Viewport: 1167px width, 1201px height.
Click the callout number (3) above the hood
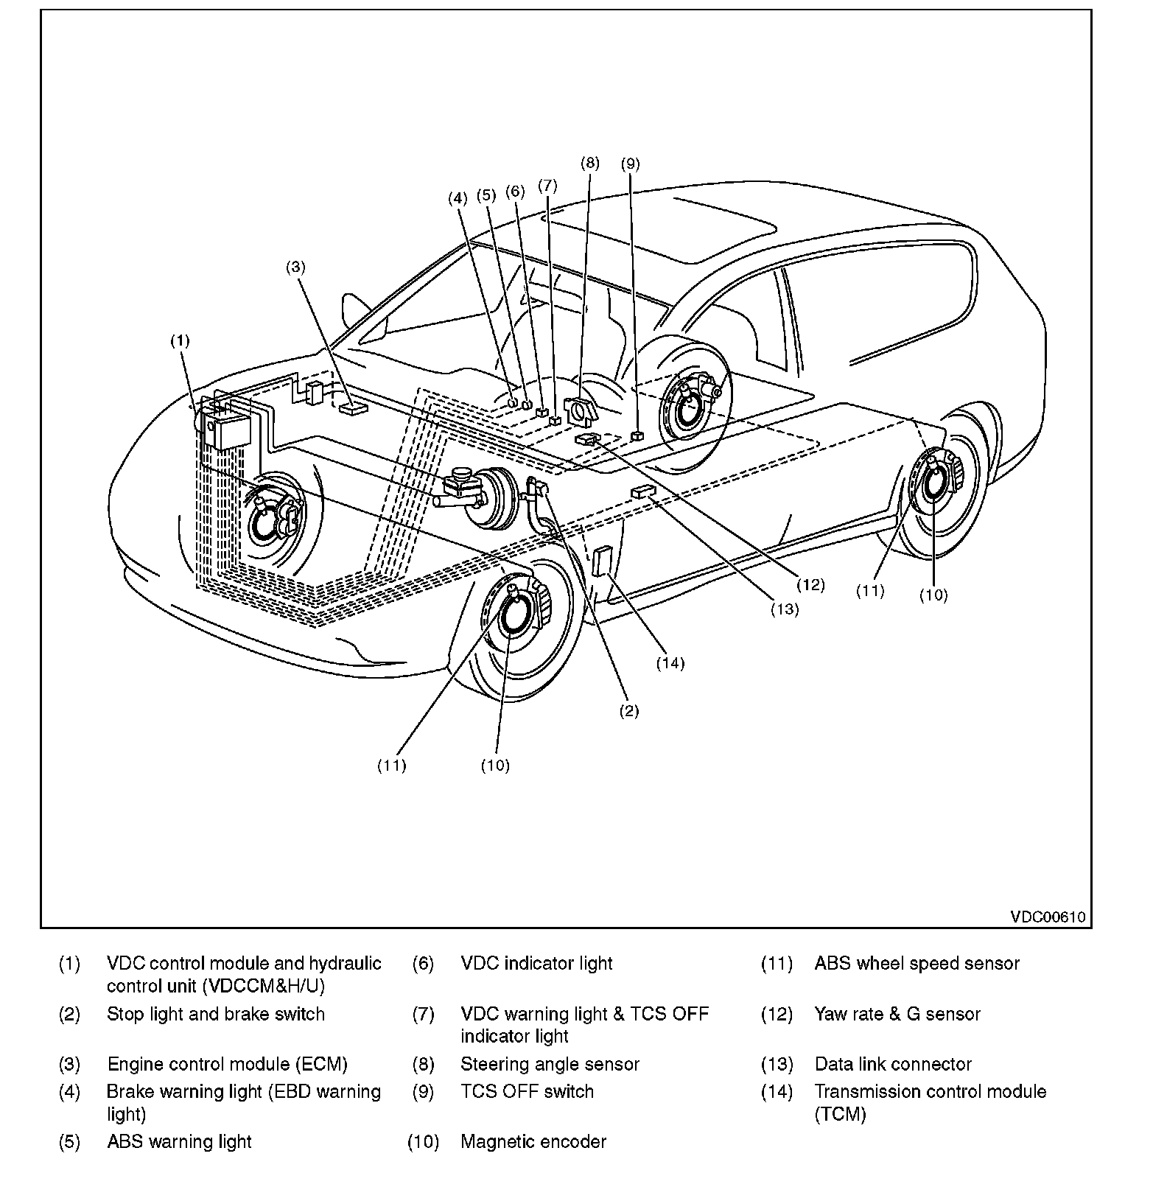coord(295,267)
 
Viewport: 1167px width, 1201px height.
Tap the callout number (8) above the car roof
coord(590,164)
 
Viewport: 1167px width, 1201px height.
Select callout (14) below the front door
coord(670,663)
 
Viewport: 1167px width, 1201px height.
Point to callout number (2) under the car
coord(628,711)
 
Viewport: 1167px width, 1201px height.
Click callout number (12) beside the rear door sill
coord(810,585)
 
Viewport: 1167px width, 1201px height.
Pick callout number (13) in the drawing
coord(785,609)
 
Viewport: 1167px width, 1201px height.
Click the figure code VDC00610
coord(1047,917)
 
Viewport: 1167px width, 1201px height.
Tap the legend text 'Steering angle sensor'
coord(550,1064)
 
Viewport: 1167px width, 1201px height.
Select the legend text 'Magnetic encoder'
coord(533,1142)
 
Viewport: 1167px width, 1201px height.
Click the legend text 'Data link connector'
coord(893,1064)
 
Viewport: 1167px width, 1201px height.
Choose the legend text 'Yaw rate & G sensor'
coord(897,1014)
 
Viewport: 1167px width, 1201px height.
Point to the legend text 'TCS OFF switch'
coord(527,1091)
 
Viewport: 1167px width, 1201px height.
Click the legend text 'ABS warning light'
coord(179,1142)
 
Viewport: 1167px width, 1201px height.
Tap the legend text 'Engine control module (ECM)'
coord(227,1064)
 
